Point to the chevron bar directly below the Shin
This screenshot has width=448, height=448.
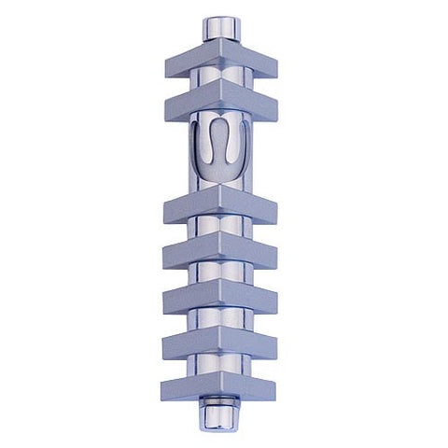(219, 208)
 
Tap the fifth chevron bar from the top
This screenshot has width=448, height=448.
(219, 297)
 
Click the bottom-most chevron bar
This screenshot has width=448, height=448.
(219, 385)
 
